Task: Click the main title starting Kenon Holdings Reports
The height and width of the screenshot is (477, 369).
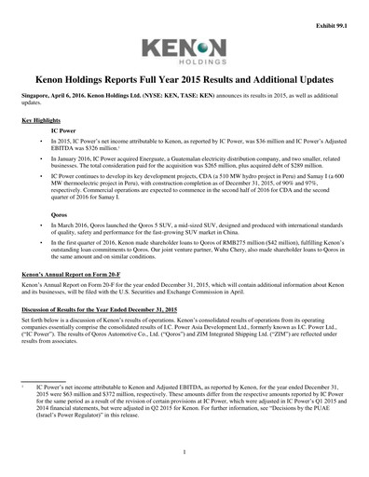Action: click(x=184, y=82)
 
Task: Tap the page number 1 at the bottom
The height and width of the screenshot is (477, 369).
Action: click(x=184, y=453)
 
